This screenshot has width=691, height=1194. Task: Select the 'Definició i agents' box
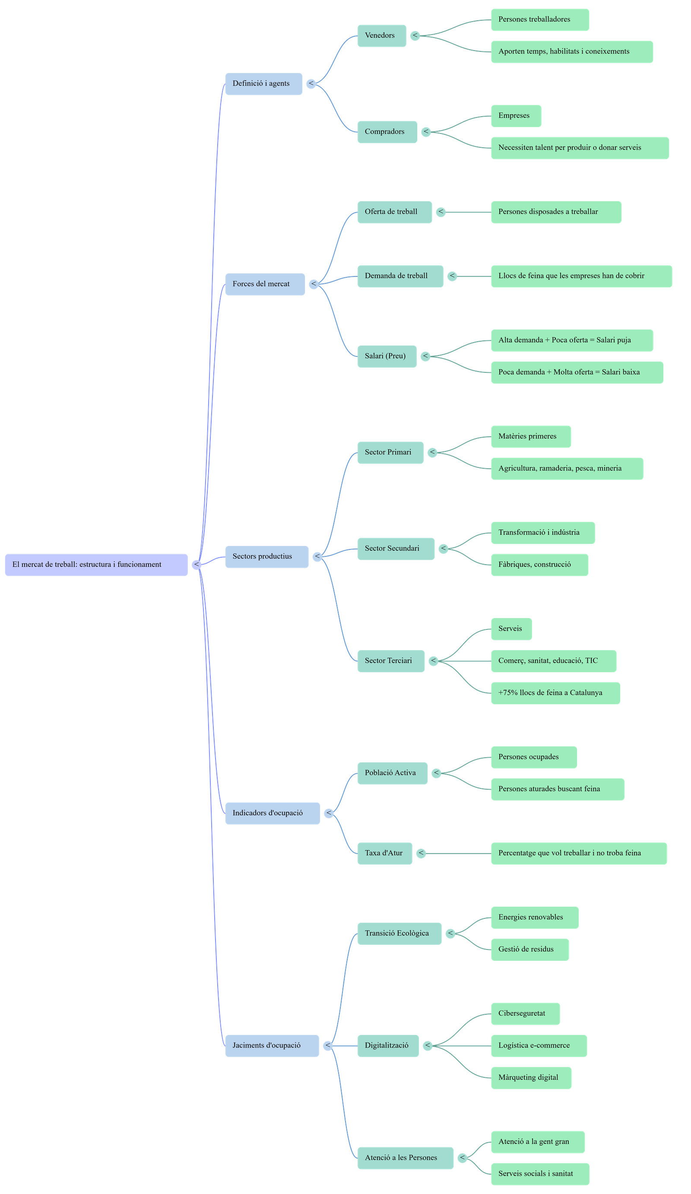pyautogui.click(x=263, y=83)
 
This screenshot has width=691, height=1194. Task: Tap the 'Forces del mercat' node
pyautogui.click(x=265, y=284)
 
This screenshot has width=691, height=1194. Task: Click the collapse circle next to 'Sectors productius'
pyautogui.click(x=317, y=556)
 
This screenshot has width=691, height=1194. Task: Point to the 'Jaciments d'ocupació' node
pyautogui.click(x=271, y=1045)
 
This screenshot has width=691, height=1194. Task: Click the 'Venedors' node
pyautogui.click(x=381, y=35)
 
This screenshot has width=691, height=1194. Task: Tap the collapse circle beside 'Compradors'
pyautogui.click(x=426, y=132)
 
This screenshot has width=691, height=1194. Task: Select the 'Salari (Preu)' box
pyautogui.click(x=387, y=356)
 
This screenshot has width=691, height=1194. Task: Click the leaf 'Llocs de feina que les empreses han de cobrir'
pyautogui.click(x=581, y=276)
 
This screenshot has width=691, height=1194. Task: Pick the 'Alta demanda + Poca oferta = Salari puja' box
pyautogui.click(x=572, y=340)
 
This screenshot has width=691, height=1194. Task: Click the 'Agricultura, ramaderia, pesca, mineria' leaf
pyautogui.click(x=567, y=468)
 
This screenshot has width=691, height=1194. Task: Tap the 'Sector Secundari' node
pyautogui.click(x=396, y=549)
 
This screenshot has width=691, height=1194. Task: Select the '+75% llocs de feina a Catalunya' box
pyautogui.click(x=555, y=693)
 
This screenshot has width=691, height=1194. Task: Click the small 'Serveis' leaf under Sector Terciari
pyautogui.click(x=511, y=629)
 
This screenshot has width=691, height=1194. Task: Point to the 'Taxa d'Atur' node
pyautogui.click(x=384, y=853)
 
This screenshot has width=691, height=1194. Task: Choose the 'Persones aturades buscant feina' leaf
pyautogui.click(x=558, y=789)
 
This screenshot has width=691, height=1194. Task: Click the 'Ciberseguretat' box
pyautogui.click(x=525, y=1013)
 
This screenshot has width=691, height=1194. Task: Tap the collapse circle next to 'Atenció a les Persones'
pyautogui.click(x=462, y=1158)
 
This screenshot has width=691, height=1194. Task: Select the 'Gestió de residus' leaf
pyautogui.click(x=529, y=949)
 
